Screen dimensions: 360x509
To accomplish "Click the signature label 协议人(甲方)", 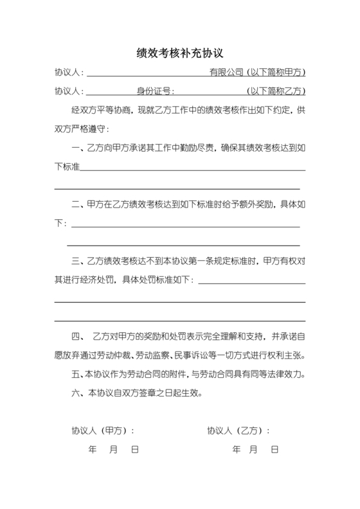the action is [x=102, y=430].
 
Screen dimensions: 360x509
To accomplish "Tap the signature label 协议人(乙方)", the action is [x=237, y=430].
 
